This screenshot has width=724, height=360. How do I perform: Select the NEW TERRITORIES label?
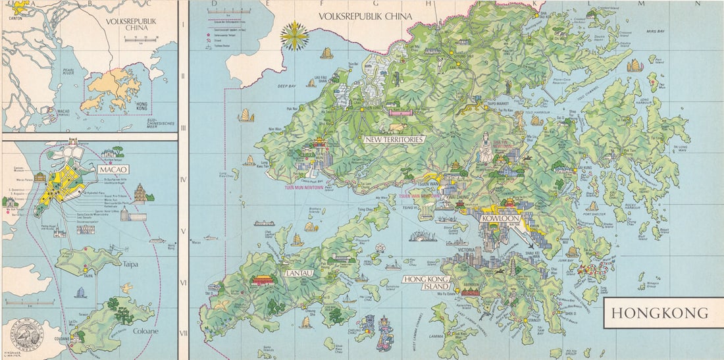tap(394, 140)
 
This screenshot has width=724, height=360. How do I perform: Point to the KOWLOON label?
tap(500, 218)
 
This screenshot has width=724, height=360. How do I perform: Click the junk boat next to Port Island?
tap(635, 65)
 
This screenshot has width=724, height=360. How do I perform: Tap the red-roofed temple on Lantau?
tap(261, 280)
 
